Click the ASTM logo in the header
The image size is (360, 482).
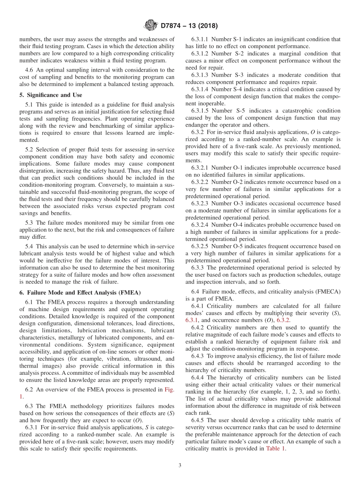[x=151, y=26]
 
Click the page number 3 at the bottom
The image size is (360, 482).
[x=180, y=465]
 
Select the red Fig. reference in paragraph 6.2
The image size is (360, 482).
[x=169, y=389]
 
